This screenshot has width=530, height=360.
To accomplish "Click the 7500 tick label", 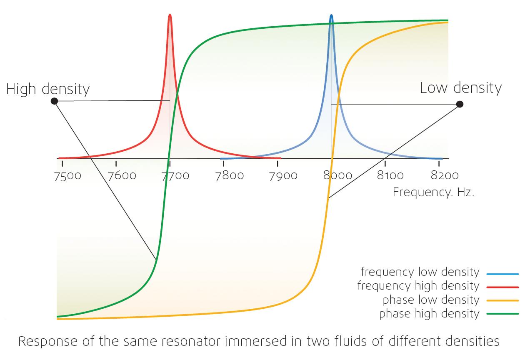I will click(x=67, y=175).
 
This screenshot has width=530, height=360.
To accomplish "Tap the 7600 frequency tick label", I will click(x=122, y=175).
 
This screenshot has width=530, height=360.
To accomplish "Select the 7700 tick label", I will click(x=175, y=175).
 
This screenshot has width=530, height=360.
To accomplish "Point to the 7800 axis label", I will click(x=230, y=175).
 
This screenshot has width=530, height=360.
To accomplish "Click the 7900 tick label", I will click(x=283, y=175).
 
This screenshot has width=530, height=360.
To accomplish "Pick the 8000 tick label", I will click(x=337, y=175).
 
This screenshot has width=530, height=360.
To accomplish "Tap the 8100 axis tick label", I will click(x=391, y=175).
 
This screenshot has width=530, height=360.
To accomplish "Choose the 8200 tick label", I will click(x=445, y=175).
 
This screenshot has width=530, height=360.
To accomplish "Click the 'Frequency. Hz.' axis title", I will click(x=433, y=192).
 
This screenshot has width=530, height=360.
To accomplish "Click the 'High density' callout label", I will click(x=48, y=89).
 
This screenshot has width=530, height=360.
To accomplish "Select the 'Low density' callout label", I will click(x=460, y=88).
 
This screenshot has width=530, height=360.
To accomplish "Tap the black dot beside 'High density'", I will click(x=54, y=101).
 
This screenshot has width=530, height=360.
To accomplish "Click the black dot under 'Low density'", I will click(x=460, y=104).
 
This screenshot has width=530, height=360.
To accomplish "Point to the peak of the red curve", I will click(x=170, y=15).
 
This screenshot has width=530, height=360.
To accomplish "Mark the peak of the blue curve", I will click(x=331, y=16).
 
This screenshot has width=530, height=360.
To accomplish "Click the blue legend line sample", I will click(x=502, y=274).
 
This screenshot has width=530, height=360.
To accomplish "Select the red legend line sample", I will click(x=502, y=287).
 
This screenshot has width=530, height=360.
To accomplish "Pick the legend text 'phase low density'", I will click(x=431, y=300).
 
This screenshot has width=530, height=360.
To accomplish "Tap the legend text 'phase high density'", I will click(x=429, y=314).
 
